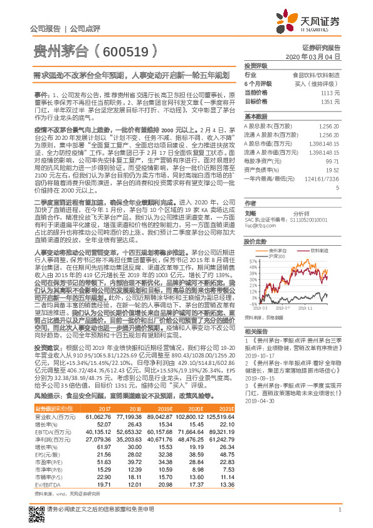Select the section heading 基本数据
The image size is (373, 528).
(255, 117)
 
